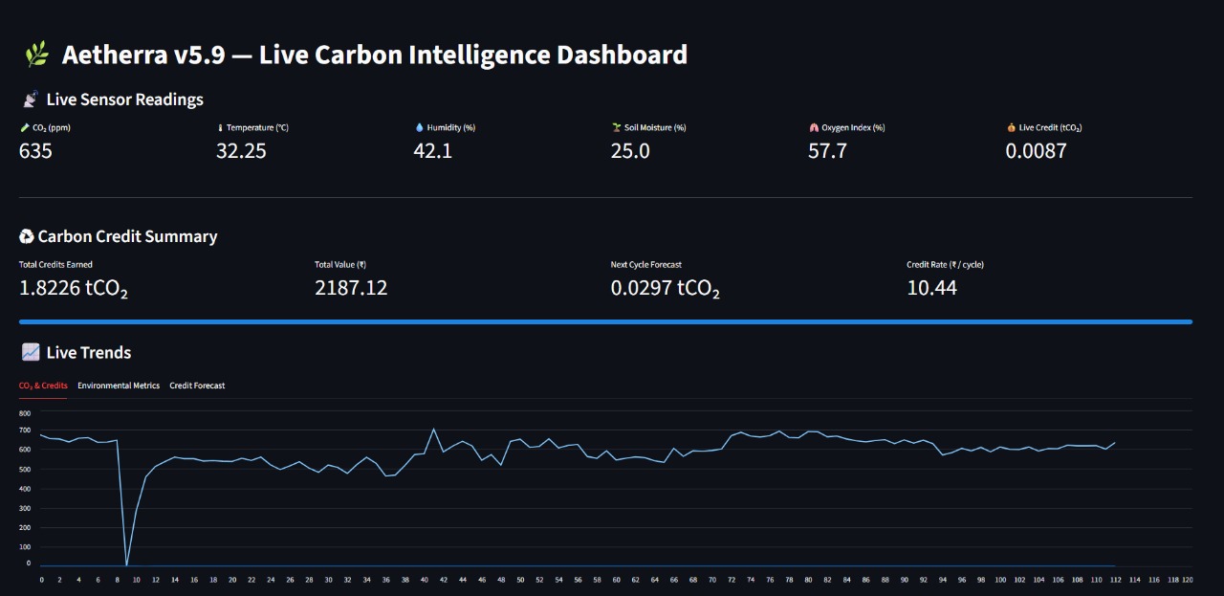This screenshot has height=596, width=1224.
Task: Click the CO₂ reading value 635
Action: [35, 150]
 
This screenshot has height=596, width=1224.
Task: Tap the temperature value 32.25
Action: [241, 150]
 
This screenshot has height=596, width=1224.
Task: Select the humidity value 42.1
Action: [432, 150]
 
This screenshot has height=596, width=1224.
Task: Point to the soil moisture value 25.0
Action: [630, 150]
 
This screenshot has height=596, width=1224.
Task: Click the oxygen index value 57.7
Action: [827, 150]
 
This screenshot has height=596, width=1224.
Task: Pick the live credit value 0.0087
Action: [1036, 150]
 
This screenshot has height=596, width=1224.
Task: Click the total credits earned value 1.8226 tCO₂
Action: [74, 288]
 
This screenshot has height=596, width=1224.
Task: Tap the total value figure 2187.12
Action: [351, 288]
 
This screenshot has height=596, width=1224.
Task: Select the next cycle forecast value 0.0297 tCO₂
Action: [666, 288]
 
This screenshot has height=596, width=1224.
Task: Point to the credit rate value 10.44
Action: [931, 288]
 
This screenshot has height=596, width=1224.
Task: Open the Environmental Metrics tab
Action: [119, 386]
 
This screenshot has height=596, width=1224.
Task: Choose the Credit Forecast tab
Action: [197, 386]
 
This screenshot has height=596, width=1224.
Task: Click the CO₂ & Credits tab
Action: [43, 386]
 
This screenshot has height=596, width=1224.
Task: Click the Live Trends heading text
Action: [89, 353]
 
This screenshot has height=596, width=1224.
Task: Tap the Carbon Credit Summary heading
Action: [127, 236]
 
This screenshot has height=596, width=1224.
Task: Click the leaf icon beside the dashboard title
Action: [36, 55]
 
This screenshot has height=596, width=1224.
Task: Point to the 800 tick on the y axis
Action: [25, 412]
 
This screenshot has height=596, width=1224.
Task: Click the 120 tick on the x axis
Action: [1187, 580]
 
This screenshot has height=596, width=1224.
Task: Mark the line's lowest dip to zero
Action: [126, 564]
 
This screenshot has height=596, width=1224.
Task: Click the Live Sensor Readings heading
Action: [124, 99]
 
